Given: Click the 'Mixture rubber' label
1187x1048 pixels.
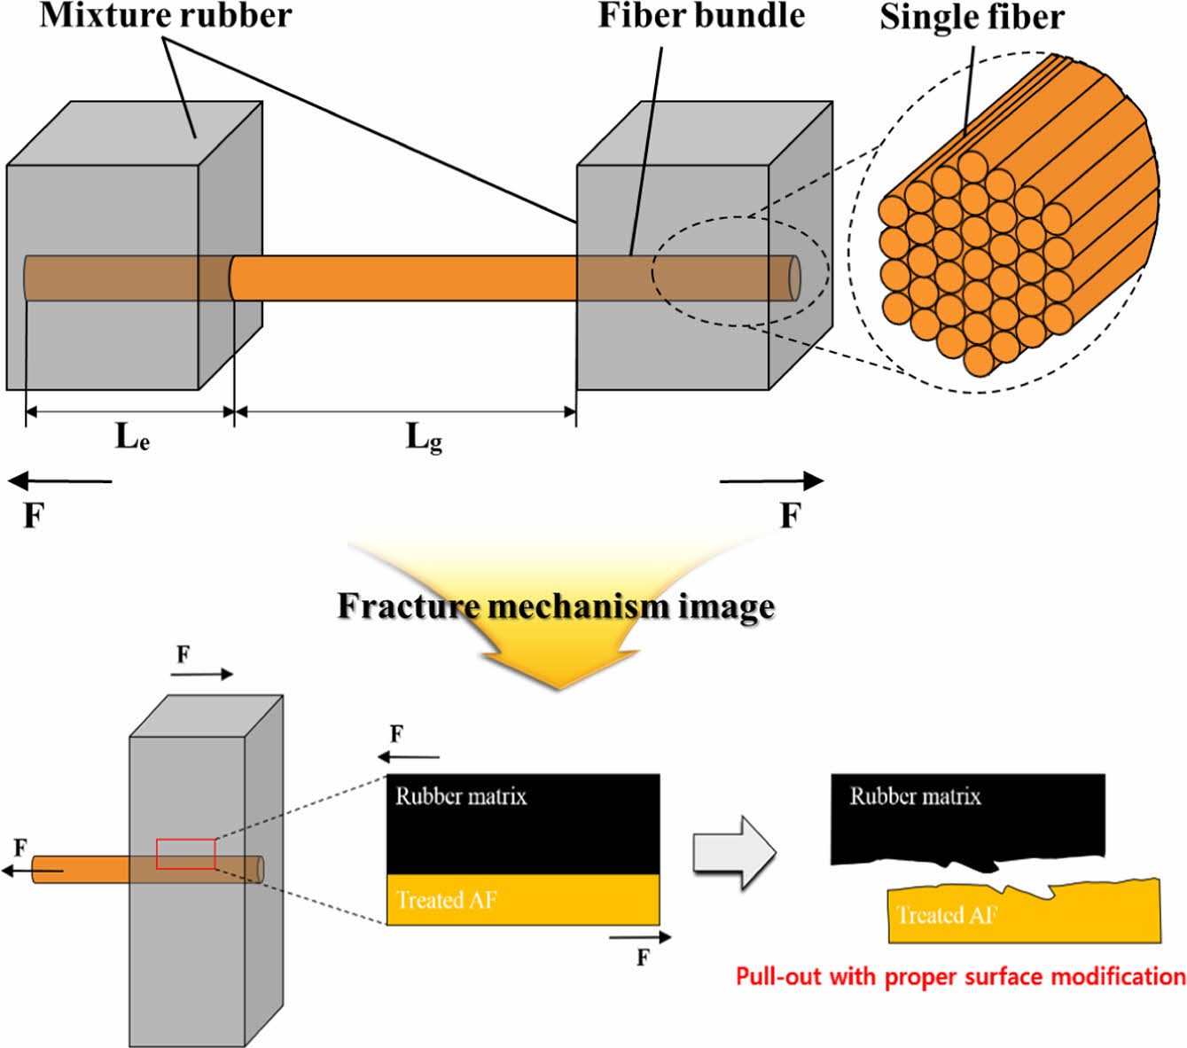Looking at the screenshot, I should coord(166,15).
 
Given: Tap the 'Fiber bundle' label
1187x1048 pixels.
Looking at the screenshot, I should coord(700,15).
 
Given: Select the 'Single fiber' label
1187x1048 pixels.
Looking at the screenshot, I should coord(972,17).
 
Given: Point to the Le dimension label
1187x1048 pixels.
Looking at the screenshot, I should coord(132,436).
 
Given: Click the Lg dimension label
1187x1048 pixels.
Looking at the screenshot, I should coord(424,437).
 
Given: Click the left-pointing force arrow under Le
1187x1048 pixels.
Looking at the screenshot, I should coord(60,481).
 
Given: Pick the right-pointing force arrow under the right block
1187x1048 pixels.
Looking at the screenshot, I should coord(771,481).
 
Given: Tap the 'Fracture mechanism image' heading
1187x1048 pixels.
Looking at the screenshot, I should coord(556,606).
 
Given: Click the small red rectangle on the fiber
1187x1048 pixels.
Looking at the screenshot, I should coord(186,853).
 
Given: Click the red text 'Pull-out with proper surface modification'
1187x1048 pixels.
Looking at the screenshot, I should coord(960,977).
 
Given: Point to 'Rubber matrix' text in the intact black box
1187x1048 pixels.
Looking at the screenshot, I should coord(461,796).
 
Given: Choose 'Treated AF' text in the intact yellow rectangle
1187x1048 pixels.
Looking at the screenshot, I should coord(447,900).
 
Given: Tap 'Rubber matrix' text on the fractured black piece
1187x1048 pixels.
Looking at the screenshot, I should coord(915,796).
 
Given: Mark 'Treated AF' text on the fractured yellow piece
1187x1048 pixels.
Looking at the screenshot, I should coord(947,915).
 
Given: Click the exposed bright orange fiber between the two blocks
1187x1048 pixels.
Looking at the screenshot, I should coord(403,278).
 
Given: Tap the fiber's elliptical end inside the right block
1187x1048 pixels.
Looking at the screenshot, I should coord(794,278).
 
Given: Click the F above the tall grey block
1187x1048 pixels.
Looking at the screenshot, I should coord(183,655).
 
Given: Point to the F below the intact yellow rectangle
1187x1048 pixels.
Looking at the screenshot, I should coord(643,958).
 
